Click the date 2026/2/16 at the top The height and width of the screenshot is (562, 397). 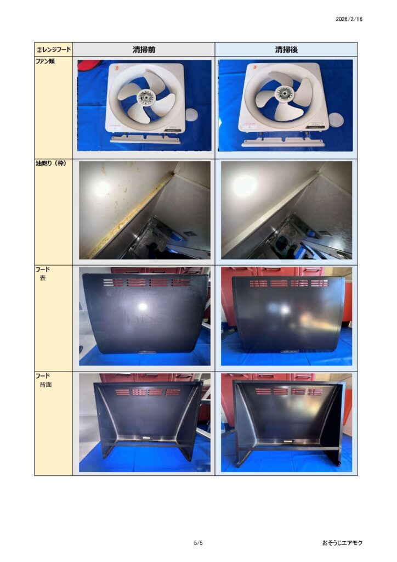point(349,19)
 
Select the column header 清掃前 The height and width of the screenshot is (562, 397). point(144,49)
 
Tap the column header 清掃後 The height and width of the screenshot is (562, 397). point(286,49)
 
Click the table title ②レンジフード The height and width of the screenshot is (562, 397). point(53,49)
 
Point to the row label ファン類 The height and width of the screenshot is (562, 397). point(45,61)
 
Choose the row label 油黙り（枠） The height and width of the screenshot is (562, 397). point(50,164)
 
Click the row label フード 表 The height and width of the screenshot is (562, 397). point(42,273)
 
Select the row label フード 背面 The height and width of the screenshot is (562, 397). point(43,380)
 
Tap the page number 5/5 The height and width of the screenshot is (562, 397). point(198,543)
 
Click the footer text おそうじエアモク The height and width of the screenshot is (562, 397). point(342,543)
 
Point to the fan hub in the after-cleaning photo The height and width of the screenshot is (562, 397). point(283,93)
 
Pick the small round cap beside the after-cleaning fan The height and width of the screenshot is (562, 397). point(336,119)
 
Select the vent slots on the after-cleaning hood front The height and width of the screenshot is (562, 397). point(288,283)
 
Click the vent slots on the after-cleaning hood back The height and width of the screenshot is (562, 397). point(288,391)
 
